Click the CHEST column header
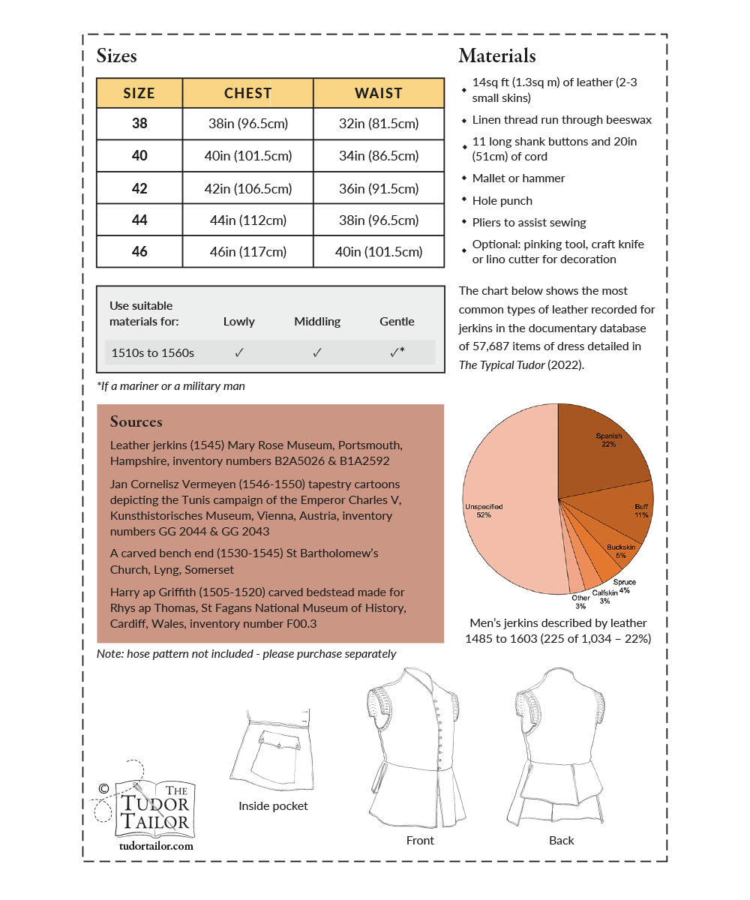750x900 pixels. (x=247, y=93)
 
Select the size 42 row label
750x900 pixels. (x=139, y=188)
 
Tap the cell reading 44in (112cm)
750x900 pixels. (x=247, y=220)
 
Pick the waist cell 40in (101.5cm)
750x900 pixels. (x=379, y=252)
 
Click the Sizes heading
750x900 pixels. (x=117, y=55)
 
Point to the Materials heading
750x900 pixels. (x=496, y=55)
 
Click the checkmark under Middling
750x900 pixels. (x=317, y=352)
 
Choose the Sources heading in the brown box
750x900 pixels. (x=136, y=421)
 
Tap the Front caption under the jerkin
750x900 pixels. (x=420, y=841)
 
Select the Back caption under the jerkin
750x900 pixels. (x=561, y=841)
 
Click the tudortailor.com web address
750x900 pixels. (x=156, y=845)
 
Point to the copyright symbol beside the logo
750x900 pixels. (x=103, y=788)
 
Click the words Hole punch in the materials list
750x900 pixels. (x=502, y=201)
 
